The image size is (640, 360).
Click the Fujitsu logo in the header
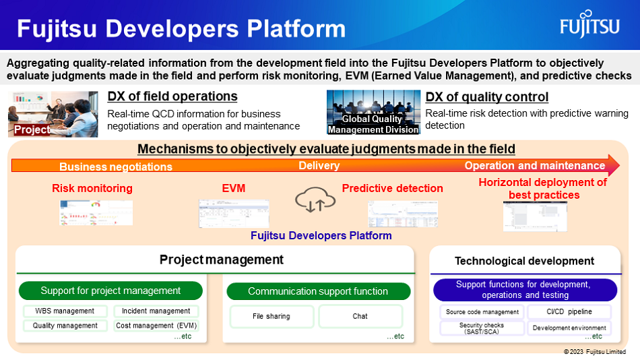[589, 26]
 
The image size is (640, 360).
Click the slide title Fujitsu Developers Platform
[181, 29]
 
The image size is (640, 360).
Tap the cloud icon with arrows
[315, 200]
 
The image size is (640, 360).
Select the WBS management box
[65, 311]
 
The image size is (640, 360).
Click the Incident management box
[156, 311]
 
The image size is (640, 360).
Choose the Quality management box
[65, 326]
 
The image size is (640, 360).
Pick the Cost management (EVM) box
[156, 326]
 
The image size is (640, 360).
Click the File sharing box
[271, 316]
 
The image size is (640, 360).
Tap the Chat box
[360, 316]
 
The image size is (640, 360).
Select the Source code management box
[482, 312]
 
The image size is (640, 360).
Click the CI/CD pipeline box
[569, 312]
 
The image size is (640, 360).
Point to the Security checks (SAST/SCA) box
[482, 328]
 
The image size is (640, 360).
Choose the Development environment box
[569, 328]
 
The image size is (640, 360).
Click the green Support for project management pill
[110, 291]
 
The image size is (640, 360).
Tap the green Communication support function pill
[318, 291]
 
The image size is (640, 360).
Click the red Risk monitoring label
[92, 188]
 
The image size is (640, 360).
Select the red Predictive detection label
[392, 188]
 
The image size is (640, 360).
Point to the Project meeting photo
[53, 114]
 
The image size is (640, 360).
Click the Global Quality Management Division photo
[373, 113]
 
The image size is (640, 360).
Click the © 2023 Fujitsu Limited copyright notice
[594, 352]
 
